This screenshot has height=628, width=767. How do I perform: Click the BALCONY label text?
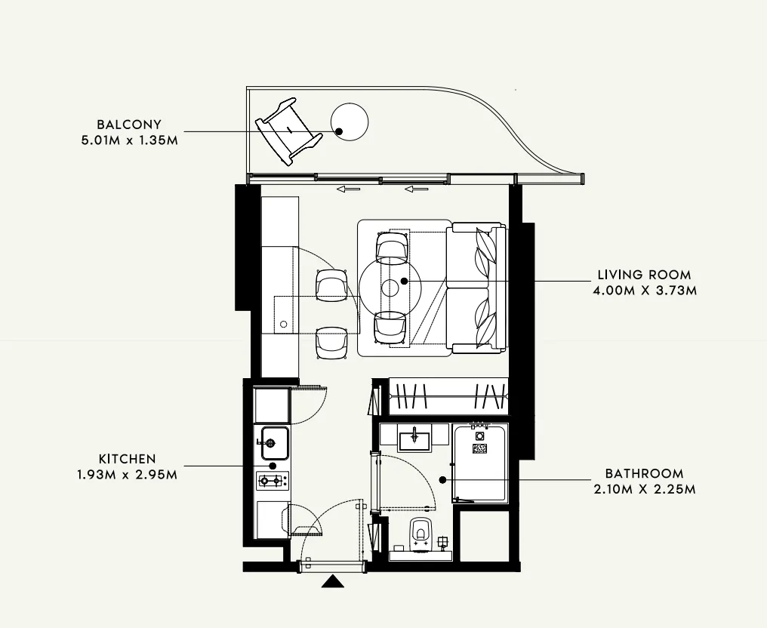click(128, 125)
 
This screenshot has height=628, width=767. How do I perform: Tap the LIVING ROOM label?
click(643, 275)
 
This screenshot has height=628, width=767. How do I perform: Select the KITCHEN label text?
click(127, 459)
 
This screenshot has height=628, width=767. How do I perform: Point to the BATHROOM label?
click(644, 474)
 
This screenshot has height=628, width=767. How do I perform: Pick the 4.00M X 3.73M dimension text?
click(645, 290)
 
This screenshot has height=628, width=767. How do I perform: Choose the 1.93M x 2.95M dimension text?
click(128, 474)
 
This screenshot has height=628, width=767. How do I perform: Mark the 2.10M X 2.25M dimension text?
click(645, 489)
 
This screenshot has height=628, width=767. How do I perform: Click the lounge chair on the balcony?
click(288, 130)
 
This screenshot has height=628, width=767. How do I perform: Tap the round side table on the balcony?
click(349, 122)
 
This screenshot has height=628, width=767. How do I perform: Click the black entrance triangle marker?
click(331, 581)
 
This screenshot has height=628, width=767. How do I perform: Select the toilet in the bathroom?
click(420, 533)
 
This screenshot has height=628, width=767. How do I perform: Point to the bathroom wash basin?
click(414, 438)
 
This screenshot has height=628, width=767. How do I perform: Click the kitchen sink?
click(273, 442)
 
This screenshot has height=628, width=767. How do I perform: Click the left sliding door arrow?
click(348, 189)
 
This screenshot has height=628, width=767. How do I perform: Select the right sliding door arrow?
click(416, 189)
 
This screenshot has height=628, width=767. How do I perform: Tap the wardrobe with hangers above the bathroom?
click(446, 396)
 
